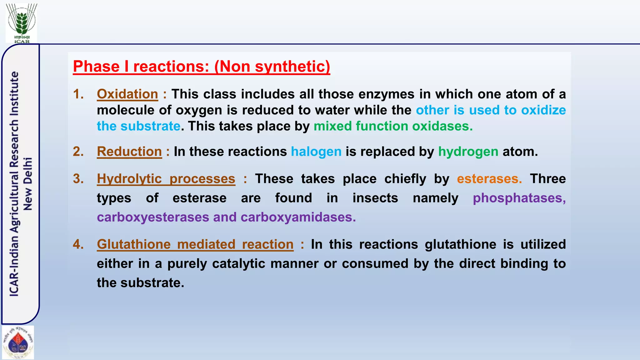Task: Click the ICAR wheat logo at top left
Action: click(22, 22)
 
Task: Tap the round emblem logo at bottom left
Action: click(18, 342)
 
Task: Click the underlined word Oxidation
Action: click(127, 94)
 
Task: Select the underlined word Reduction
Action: click(129, 152)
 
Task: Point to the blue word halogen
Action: click(316, 152)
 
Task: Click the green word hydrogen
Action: click(468, 152)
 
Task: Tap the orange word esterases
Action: click(489, 179)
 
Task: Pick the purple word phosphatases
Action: click(519, 198)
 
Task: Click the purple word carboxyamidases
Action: click(298, 217)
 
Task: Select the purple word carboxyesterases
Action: click(153, 217)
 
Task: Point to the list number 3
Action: click(78, 179)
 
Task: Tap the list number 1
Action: click(78, 94)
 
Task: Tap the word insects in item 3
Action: click(375, 198)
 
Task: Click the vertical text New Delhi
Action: click(28, 184)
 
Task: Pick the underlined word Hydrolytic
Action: click(129, 179)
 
